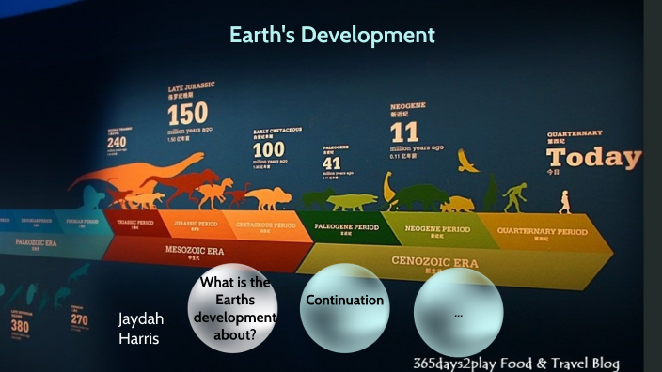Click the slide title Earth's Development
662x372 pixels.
pos(332,36)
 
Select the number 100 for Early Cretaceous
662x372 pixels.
pos(268,149)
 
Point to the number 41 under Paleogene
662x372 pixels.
pos(332,163)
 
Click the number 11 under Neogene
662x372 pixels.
pos(403,132)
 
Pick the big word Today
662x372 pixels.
pos(593,157)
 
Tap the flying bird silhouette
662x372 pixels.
pos(467,162)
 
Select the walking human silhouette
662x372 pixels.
pos(564,201)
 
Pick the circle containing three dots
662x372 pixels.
pos(458,314)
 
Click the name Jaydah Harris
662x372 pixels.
pos(139,328)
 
